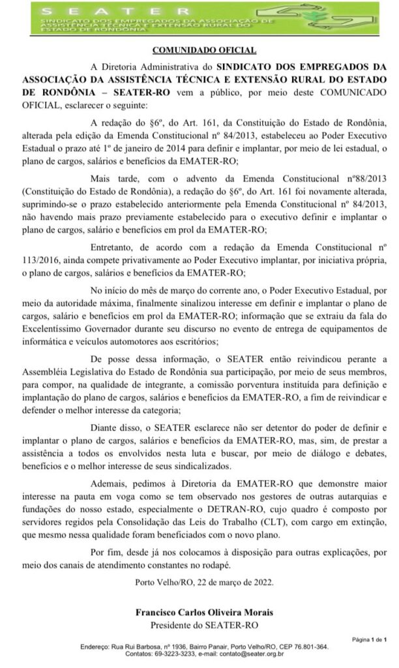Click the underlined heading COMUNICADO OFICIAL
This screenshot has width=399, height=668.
click(204, 50)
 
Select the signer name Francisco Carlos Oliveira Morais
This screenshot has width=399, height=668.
click(204, 613)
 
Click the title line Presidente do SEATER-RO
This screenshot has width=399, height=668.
click(204, 624)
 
